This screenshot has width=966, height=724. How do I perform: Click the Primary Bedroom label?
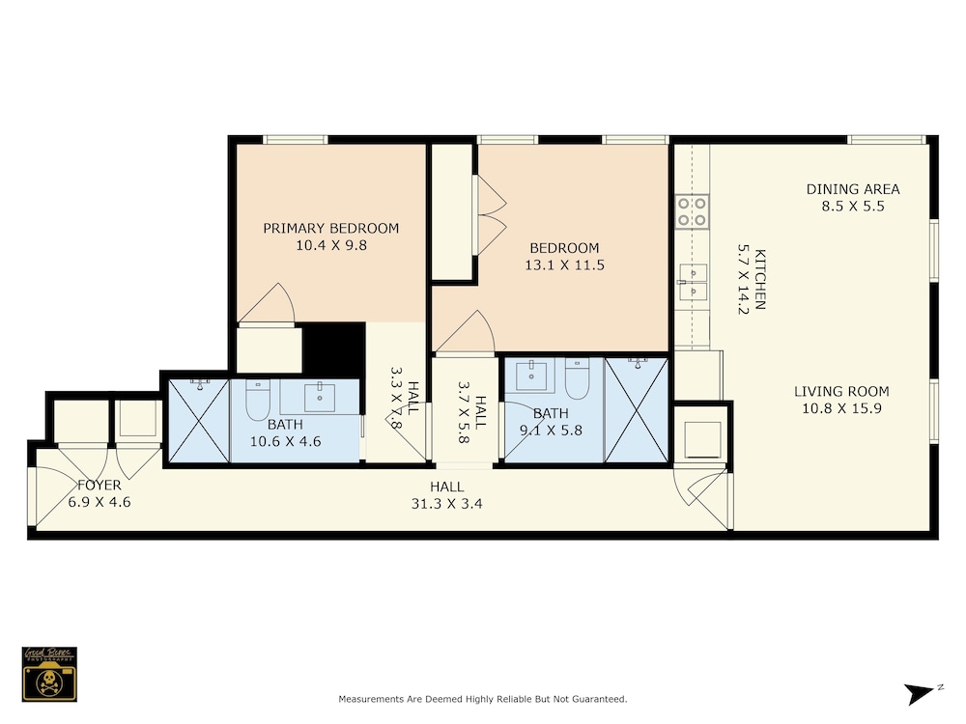tap(330, 229)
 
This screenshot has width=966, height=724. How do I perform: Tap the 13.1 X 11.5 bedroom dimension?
tap(564, 265)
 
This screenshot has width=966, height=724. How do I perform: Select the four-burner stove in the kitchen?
tap(692, 211)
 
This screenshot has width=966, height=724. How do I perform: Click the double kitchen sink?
tap(693, 282)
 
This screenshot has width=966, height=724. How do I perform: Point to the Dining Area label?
tap(853, 189)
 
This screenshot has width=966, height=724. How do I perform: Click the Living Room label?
tap(841, 391)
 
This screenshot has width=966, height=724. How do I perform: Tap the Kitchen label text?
tap(760, 280)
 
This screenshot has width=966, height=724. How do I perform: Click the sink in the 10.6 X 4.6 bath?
tap(320, 398)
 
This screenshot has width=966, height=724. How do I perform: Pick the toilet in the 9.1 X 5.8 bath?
tap(578, 378)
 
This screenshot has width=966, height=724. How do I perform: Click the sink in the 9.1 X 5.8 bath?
tap(531, 376)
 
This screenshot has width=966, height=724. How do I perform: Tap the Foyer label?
tap(99, 486)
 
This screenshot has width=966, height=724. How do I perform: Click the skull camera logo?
tap(49, 674)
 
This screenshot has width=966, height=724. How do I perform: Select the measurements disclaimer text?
tap(482, 699)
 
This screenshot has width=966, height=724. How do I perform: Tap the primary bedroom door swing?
tap(267, 303)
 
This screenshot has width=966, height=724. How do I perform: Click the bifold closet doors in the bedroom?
tap(491, 215)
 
